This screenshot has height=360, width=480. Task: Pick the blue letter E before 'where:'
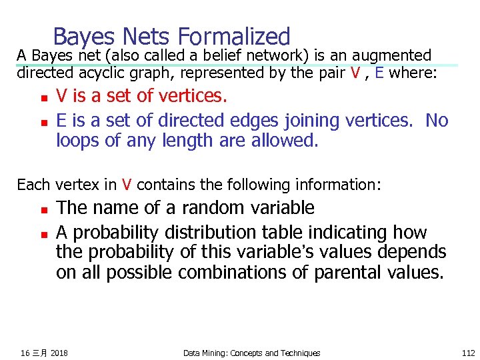click(379, 73)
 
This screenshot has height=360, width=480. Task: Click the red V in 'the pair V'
click(355, 73)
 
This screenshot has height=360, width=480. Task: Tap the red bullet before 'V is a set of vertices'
click(41, 99)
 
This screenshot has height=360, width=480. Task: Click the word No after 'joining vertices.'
click(437, 121)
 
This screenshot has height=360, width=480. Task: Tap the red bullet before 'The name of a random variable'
click(41, 209)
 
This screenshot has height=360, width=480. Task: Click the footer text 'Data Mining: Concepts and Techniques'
click(251, 353)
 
